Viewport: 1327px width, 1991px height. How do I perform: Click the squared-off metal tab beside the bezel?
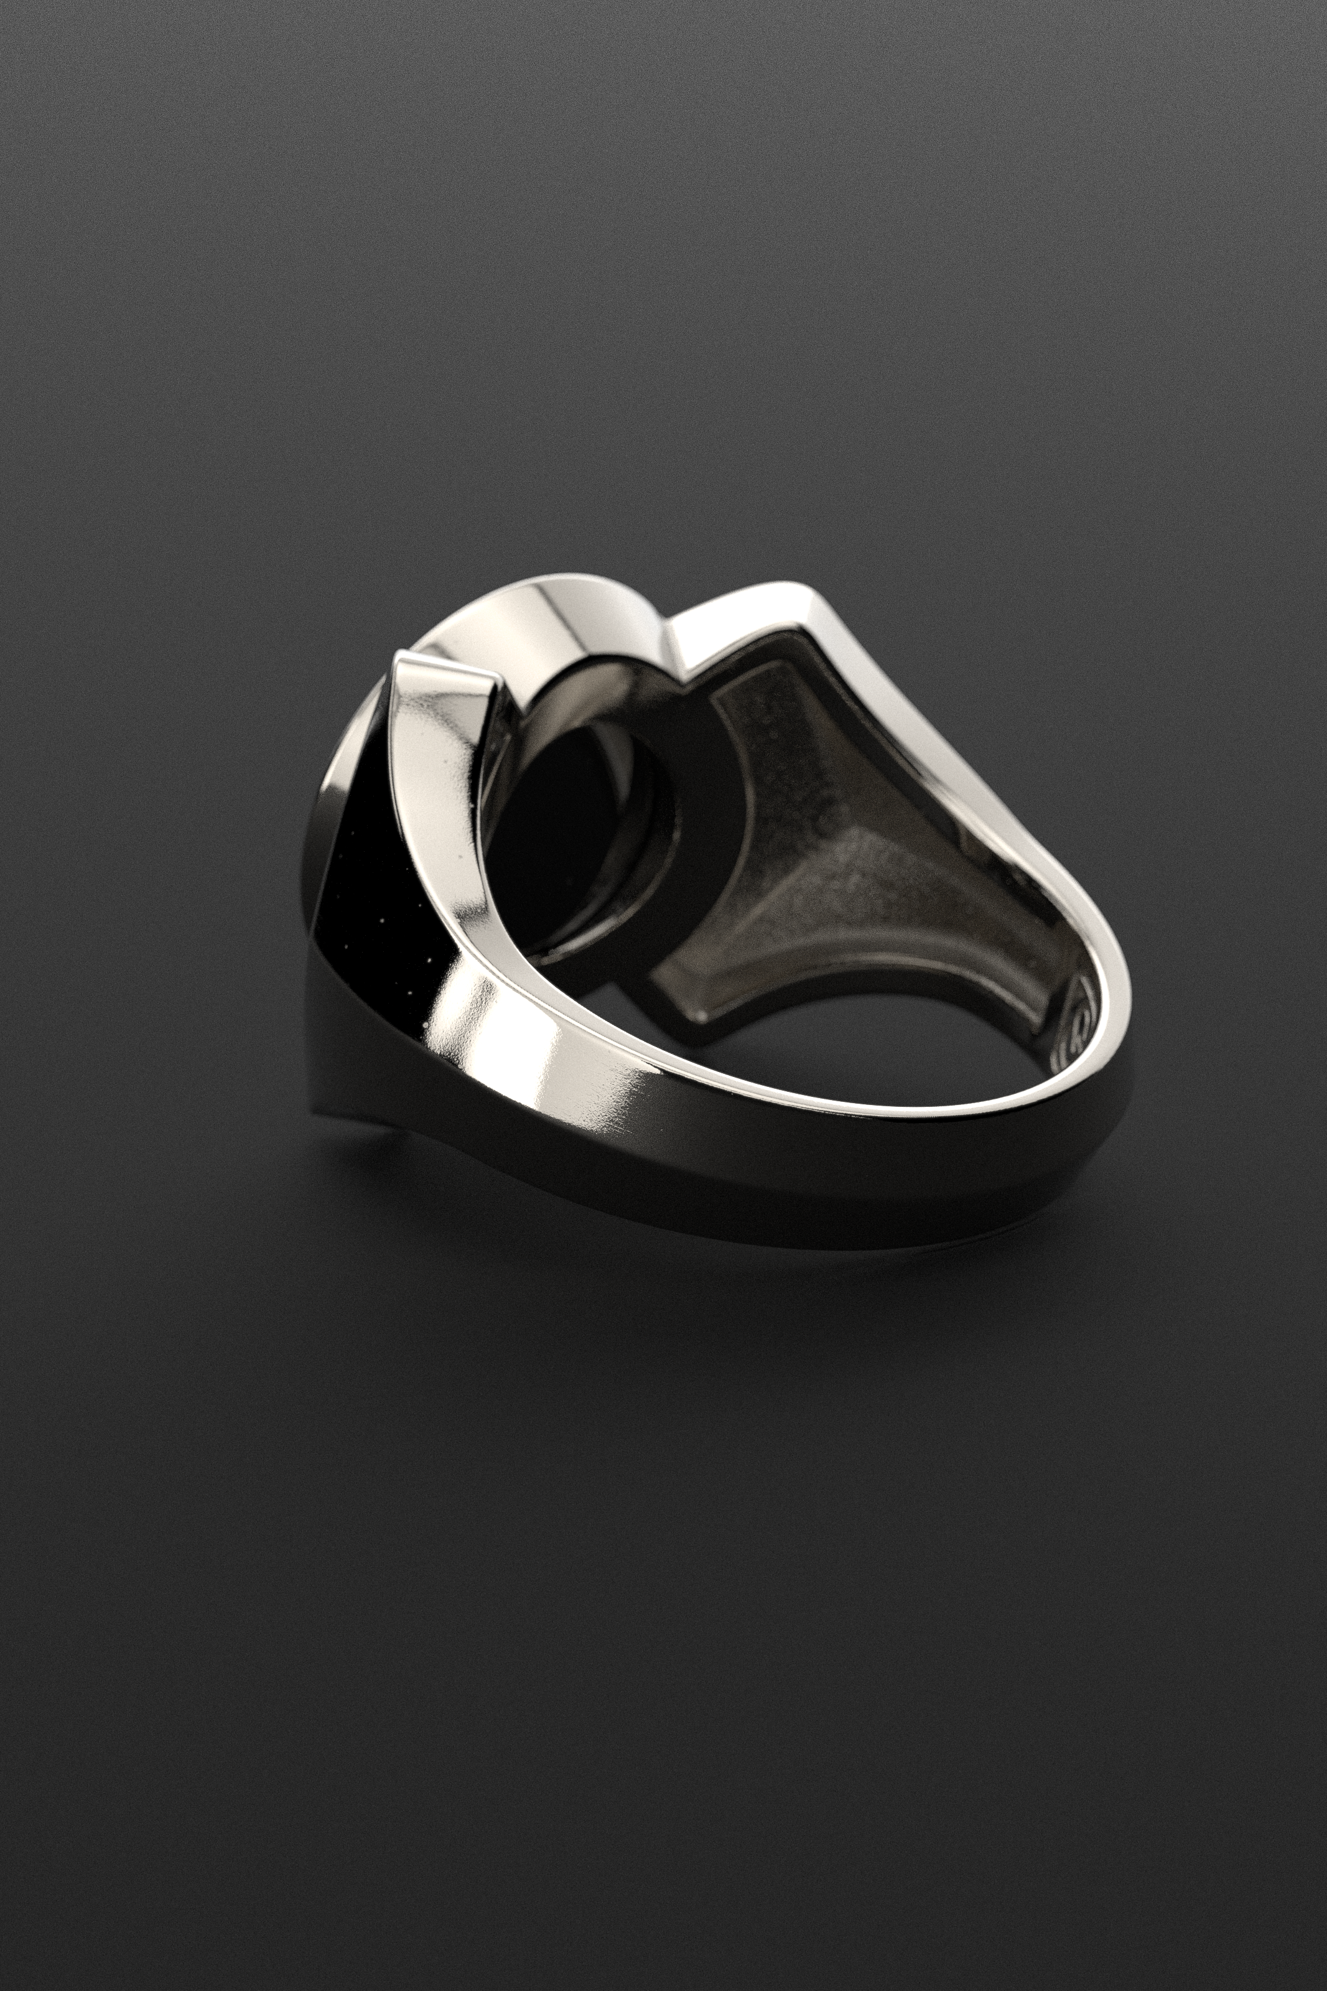click(x=444, y=677)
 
